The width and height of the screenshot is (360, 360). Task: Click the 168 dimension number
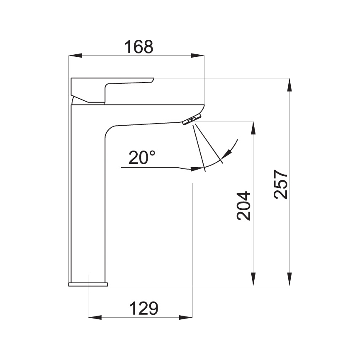tap(139, 46)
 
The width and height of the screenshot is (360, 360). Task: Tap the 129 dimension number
tap(144, 309)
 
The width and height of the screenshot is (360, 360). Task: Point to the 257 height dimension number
tap(281, 184)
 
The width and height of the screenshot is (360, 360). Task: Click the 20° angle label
tap(142, 158)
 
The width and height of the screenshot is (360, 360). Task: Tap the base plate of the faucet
tap(88, 284)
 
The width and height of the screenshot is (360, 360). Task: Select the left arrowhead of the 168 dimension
tap(75, 55)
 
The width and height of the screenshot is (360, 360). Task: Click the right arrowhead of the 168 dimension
tap(198, 55)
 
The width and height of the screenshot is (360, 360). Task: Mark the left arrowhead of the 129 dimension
tap(95, 318)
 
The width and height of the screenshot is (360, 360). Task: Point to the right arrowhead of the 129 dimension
tap(186, 318)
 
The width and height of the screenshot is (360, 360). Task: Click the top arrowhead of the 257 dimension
tap(289, 85)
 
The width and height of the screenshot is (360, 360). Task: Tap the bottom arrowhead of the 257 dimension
tap(289, 279)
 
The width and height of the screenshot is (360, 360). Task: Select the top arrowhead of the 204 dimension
tap(253, 127)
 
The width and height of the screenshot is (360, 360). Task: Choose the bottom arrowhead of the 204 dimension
tap(253, 279)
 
